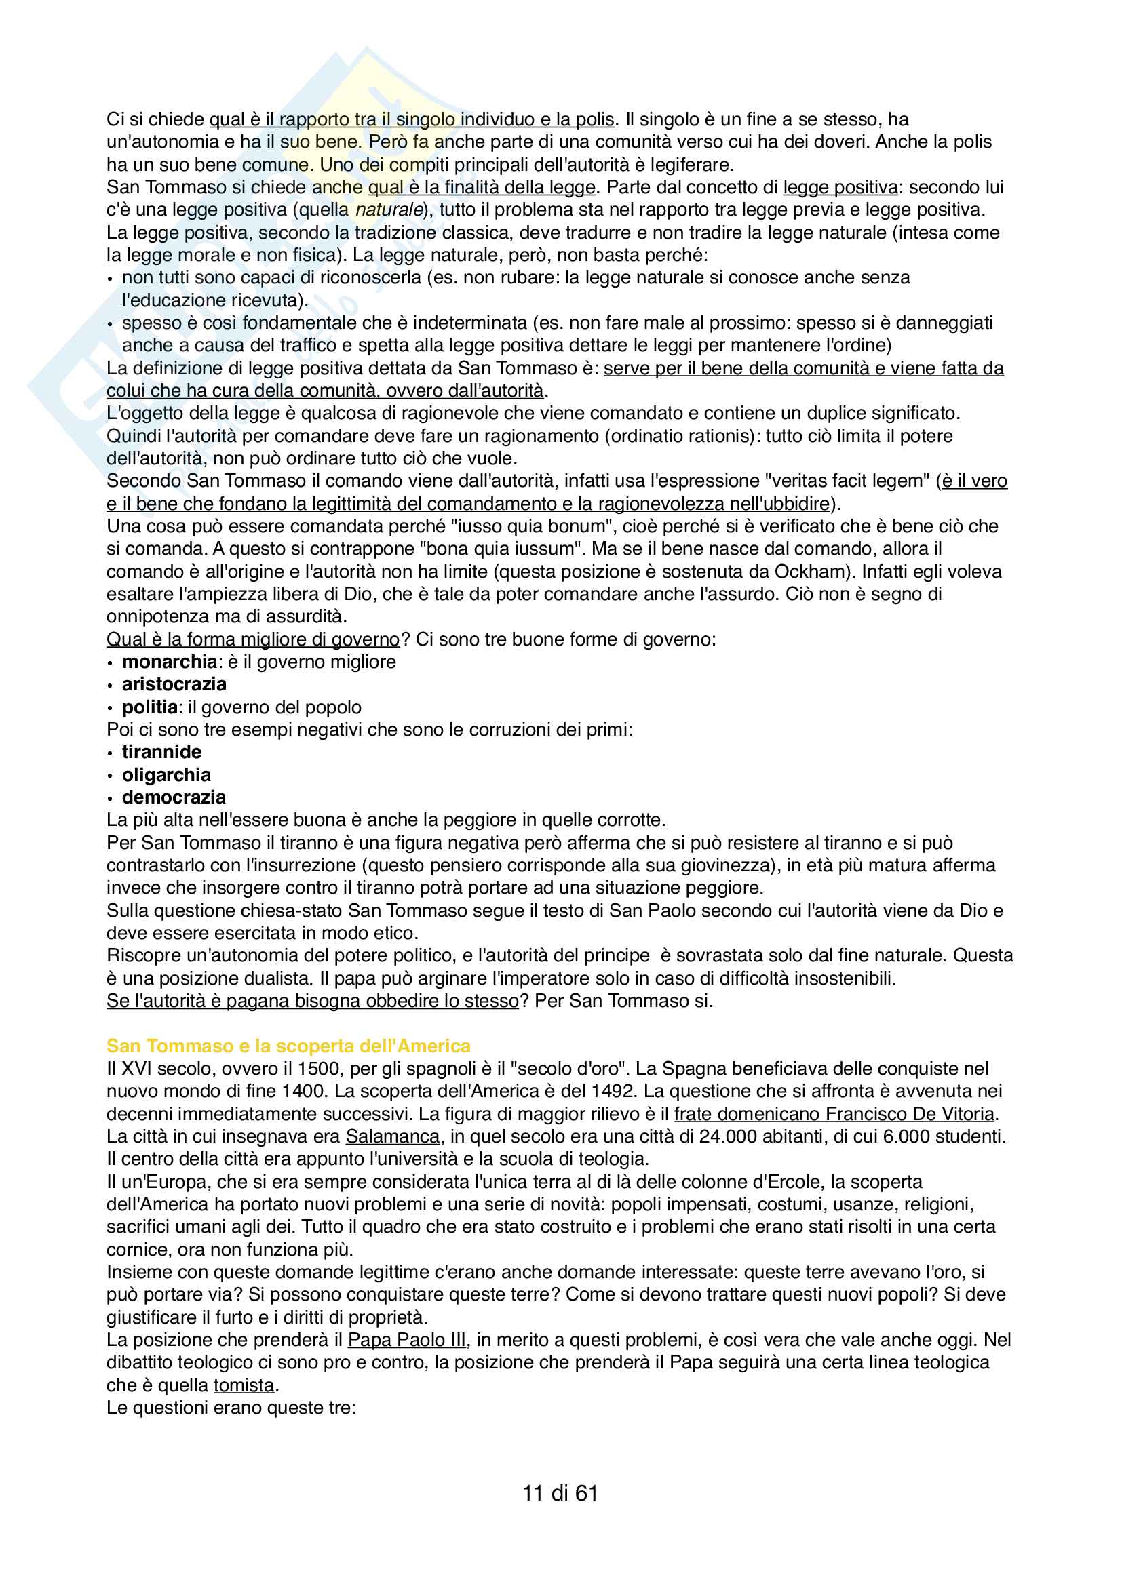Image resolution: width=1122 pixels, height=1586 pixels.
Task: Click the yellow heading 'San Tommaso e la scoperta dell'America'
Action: click(x=288, y=1046)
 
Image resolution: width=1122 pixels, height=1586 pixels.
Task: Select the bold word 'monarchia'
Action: click(x=170, y=662)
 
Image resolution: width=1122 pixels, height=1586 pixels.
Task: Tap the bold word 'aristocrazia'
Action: click(x=174, y=684)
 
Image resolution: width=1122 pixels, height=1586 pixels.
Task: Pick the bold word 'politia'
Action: click(x=150, y=707)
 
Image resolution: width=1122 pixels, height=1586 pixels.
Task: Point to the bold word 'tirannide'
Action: click(x=161, y=751)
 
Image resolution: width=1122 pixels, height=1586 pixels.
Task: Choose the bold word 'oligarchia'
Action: click(x=166, y=775)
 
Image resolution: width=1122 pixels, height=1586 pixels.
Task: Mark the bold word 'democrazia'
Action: click(x=174, y=797)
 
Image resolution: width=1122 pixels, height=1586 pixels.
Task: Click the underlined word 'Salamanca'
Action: click(x=392, y=1136)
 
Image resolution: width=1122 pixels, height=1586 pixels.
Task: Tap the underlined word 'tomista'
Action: click(x=244, y=1385)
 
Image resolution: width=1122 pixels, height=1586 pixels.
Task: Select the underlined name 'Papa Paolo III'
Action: click(x=407, y=1339)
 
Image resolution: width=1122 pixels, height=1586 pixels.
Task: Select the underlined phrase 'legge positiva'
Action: click(x=840, y=187)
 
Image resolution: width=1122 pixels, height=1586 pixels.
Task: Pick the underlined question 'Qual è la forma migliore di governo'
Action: click(x=253, y=639)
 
